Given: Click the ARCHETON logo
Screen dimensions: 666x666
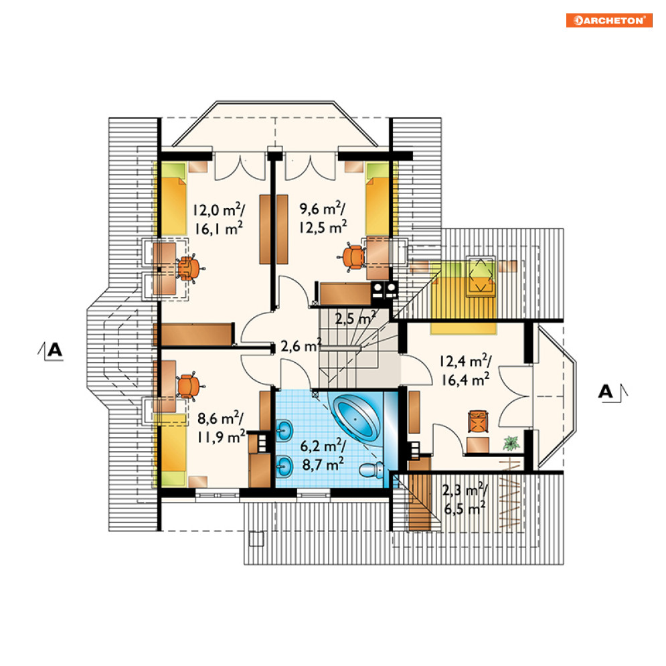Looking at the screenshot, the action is point(608,20).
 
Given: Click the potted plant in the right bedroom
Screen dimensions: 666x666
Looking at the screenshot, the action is point(511,443).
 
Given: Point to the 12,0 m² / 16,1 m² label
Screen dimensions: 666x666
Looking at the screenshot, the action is point(219,219).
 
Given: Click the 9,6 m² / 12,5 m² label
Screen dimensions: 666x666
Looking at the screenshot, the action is point(323,218).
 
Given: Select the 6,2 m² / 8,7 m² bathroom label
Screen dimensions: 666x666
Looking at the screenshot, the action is point(323,455).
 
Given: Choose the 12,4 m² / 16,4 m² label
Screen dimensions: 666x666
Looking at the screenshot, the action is point(465,370).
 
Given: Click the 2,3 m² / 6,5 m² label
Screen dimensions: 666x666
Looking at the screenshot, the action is point(465,499).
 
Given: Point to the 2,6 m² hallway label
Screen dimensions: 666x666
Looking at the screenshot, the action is point(301,346).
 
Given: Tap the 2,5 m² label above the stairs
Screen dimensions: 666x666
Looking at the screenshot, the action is point(355,318).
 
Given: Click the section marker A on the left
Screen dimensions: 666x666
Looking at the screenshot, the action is point(51,351).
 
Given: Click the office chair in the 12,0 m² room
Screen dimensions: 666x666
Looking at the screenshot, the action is point(189,268).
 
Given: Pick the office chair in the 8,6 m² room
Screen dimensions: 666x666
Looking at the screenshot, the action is point(189,386).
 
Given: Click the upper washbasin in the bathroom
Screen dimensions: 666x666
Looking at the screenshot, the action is point(284,430).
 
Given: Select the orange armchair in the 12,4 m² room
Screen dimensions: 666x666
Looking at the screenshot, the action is point(479,421).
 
